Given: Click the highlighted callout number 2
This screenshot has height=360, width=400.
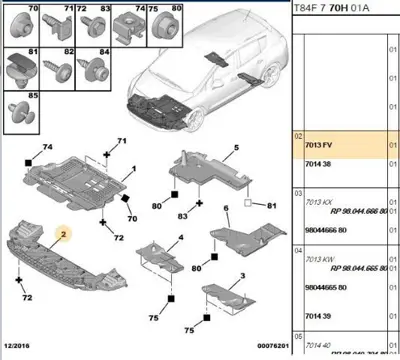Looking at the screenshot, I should pos(61,235).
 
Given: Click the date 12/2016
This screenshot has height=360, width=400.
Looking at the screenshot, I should pos(17,349).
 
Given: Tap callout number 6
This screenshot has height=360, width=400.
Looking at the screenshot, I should pos(226,209).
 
